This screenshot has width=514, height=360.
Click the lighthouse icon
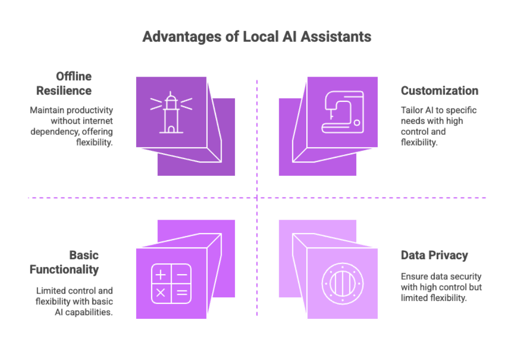pyautogui.click(x=171, y=112)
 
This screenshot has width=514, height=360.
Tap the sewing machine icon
pyautogui.click(x=343, y=112)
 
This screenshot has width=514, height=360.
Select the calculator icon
pyautogui.click(x=171, y=284)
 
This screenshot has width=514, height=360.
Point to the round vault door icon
pyautogui.click(x=343, y=284)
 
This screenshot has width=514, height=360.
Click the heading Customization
pyautogui.click(x=439, y=91)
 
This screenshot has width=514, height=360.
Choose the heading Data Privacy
pyautogui.click(x=434, y=256)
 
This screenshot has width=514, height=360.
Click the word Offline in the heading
pyautogui.click(x=74, y=77)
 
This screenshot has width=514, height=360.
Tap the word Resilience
pyautogui.click(x=64, y=91)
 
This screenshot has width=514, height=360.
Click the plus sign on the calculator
pyautogui.click(x=161, y=275)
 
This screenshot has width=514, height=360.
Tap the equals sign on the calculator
pyautogui.click(x=181, y=293)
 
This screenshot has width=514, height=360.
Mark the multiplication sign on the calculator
pyautogui.click(x=161, y=293)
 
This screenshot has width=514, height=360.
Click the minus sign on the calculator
pyautogui.click(x=181, y=275)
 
